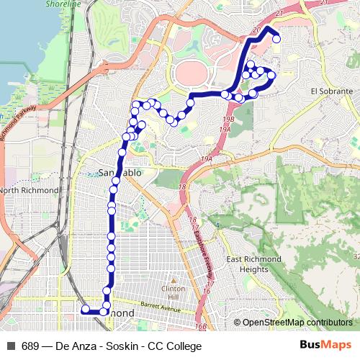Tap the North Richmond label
[29, 190]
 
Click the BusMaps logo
[325, 346]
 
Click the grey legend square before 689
[11, 346]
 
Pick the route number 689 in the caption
[31, 346]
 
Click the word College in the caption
[183, 346]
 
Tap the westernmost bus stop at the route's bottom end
[85, 310]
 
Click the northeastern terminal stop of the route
[276, 40]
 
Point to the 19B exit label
[228, 119]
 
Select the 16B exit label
[200, 325]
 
